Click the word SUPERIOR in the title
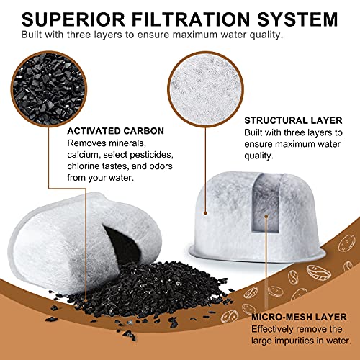[x=73, y=19]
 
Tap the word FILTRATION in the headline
[x=191, y=19]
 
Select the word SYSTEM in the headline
[x=297, y=19]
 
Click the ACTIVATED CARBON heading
[x=116, y=131]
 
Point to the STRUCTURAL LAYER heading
[x=293, y=120]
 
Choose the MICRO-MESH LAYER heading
[x=299, y=317]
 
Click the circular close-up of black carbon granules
[x=49, y=89]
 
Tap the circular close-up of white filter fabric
[x=205, y=89]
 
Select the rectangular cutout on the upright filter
[x=266, y=204]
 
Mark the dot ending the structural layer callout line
[x=205, y=213]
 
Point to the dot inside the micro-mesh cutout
[x=266, y=217]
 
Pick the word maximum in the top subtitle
[x=195, y=35]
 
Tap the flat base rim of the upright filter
[x=257, y=254]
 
